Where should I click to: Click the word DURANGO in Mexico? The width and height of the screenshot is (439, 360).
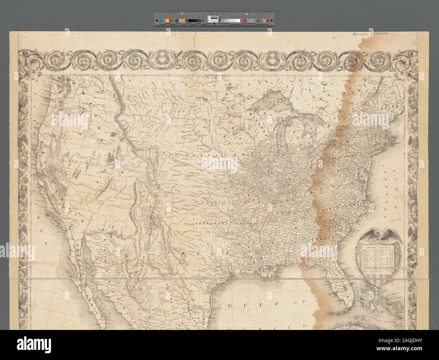point(146,308)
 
